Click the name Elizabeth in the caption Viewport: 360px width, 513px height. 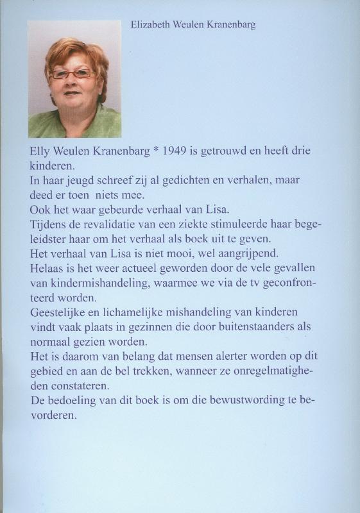click(148, 25)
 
